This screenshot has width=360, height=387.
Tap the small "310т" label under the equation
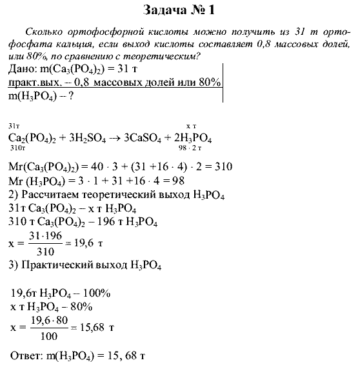tap(17, 148)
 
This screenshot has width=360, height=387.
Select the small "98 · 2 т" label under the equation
tap(194, 148)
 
